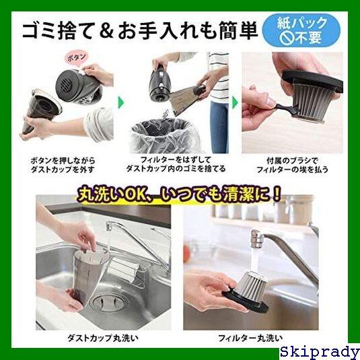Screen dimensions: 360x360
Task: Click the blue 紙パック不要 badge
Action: click(x=301, y=30)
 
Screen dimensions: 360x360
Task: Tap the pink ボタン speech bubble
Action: click(x=77, y=57)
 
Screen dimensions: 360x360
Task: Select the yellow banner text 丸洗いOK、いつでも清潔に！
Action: click(x=178, y=195)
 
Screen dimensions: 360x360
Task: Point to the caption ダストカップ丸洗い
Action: click(x=103, y=338)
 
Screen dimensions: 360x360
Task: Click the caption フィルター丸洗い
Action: click(x=250, y=338)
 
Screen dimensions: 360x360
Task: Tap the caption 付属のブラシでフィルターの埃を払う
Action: click(x=292, y=165)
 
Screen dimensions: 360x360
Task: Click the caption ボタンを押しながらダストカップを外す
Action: click(x=63, y=165)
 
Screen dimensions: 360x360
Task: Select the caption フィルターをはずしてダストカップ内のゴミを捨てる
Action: click(x=176, y=164)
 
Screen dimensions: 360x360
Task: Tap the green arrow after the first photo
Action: click(x=120, y=102)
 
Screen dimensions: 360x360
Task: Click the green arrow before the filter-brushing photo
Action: click(x=235, y=102)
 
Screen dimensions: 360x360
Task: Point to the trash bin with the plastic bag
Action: click(x=166, y=136)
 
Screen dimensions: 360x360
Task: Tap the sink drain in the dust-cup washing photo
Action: click(x=108, y=302)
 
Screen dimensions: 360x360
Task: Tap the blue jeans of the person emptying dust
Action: click(x=219, y=128)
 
